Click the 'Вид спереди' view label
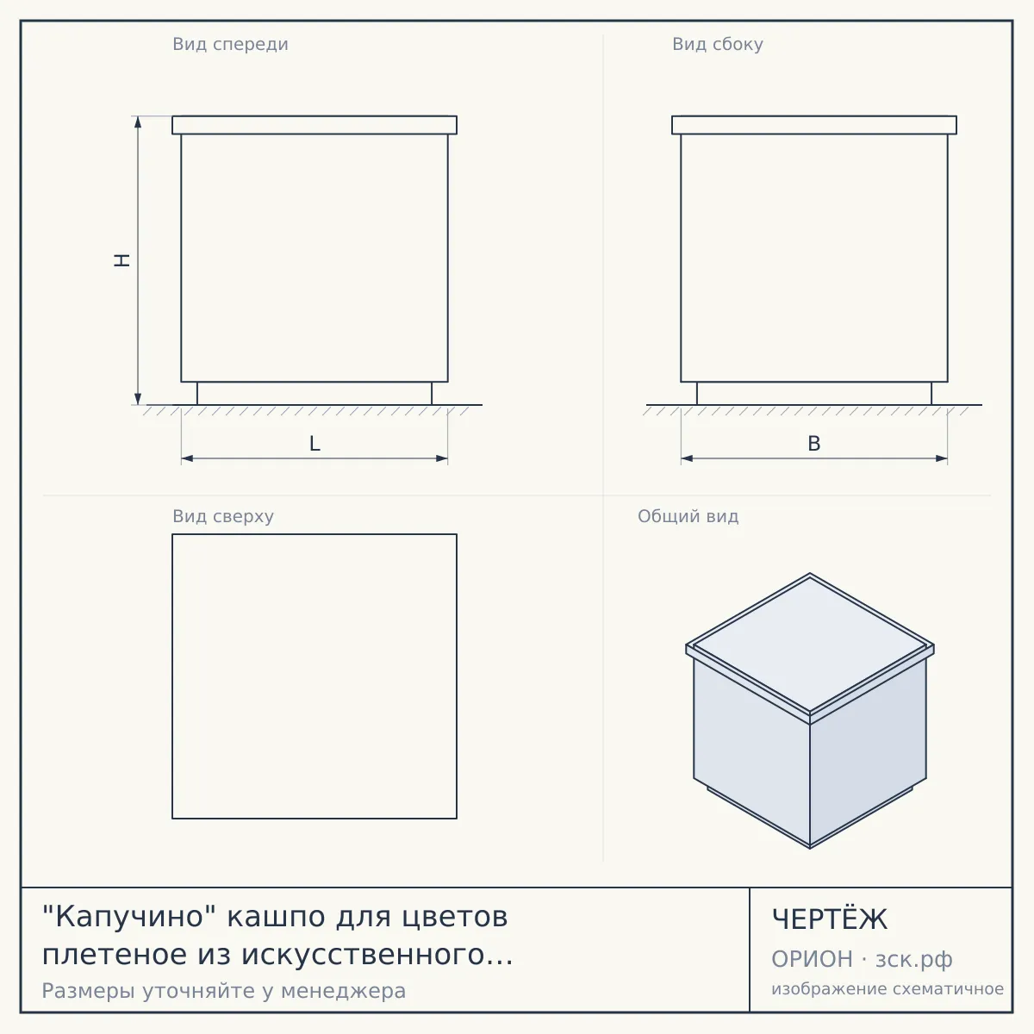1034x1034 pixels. click(230, 45)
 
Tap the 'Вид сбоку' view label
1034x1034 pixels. click(718, 45)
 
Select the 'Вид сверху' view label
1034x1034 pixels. click(223, 516)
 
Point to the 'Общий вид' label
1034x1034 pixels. click(688, 516)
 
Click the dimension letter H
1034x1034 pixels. click(122, 260)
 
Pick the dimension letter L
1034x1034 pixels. click(315, 444)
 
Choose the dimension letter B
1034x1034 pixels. click(814, 444)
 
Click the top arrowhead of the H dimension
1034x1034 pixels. click(138, 121)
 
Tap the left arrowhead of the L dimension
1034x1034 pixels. click(187, 458)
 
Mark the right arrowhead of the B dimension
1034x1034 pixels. click(942, 458)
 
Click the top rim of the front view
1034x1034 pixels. click(315, 125)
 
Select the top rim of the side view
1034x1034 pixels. click(814, 125)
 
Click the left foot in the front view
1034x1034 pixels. click(197, 393)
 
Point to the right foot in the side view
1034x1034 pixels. click(931, 393)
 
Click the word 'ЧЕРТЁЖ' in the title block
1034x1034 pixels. click(830, 919)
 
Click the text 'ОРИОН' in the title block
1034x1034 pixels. click(812, 959)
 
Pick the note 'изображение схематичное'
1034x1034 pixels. click(888, 989)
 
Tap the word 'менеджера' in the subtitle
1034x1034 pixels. click(344, 991)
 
